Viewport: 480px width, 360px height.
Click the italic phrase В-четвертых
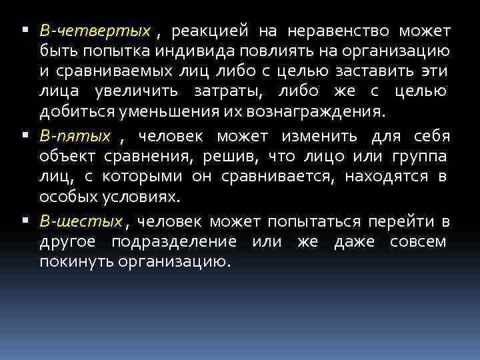point(95,31)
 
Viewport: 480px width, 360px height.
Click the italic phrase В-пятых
point(75,136)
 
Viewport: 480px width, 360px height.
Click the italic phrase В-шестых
point(81,221)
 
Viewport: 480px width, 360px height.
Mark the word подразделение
point(173,241)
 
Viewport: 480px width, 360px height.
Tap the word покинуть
point(76,261)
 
